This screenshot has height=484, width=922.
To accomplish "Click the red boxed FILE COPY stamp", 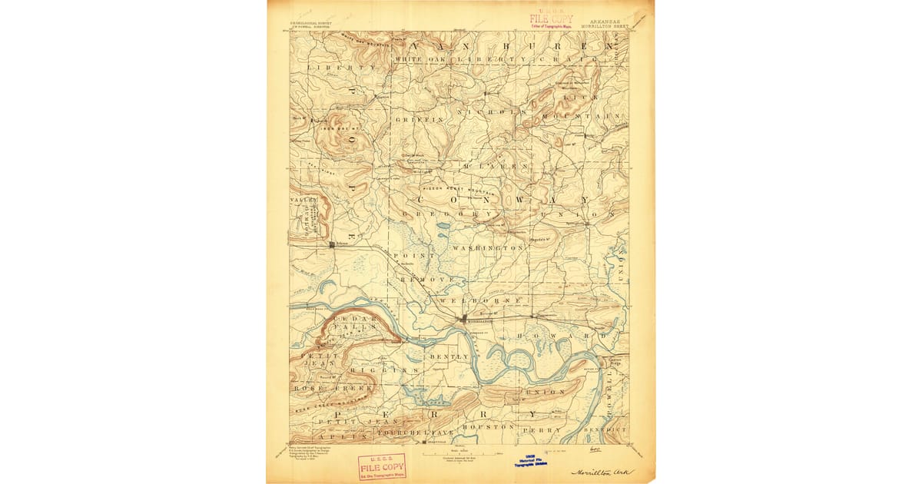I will click(382, 466).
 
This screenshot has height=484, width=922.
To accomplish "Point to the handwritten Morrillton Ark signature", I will click(603, 471).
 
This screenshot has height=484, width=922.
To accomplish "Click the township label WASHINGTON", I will click(488, 249).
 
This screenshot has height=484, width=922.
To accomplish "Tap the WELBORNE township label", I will click(480, 300).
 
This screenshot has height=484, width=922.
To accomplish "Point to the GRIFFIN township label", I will click(419, 121).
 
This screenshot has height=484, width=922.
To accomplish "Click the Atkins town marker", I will click(332, 245).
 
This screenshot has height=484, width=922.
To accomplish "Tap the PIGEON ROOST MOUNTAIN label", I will click(459, 187).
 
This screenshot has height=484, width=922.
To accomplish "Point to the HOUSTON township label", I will click(488, 426).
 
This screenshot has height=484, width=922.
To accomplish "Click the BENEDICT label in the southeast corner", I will click(605, 429).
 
